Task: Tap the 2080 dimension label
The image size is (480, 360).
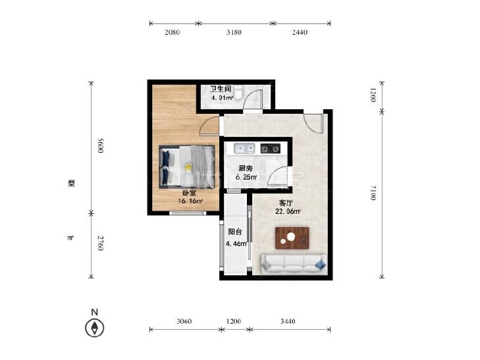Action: coord(173,32)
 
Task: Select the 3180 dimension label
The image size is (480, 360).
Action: coord(234,32)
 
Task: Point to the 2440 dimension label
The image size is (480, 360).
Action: coord(300,32)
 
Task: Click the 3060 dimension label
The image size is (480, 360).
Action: coord(184,321)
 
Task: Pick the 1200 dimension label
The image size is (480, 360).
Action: coord(234,321)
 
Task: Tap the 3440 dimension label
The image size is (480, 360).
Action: coord(288,321)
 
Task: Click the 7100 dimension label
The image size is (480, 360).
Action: coord(373,193)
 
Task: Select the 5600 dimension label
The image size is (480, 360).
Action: coord(100,145)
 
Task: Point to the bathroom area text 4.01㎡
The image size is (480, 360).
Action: coord(223,98)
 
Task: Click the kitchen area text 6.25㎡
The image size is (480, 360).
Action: coord(246,177)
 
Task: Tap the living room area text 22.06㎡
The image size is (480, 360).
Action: coord(288,211)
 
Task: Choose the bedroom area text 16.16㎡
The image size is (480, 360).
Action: coord(190,201)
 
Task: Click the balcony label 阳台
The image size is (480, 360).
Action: coord(235,232)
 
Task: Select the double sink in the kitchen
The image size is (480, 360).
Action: coord(244,149)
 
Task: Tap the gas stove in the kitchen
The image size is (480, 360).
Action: coord(271,149)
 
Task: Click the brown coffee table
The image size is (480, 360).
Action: coord(292,238)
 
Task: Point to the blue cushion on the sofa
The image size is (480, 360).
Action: coord(321,265)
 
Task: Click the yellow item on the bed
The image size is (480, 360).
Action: coord(188,167)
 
